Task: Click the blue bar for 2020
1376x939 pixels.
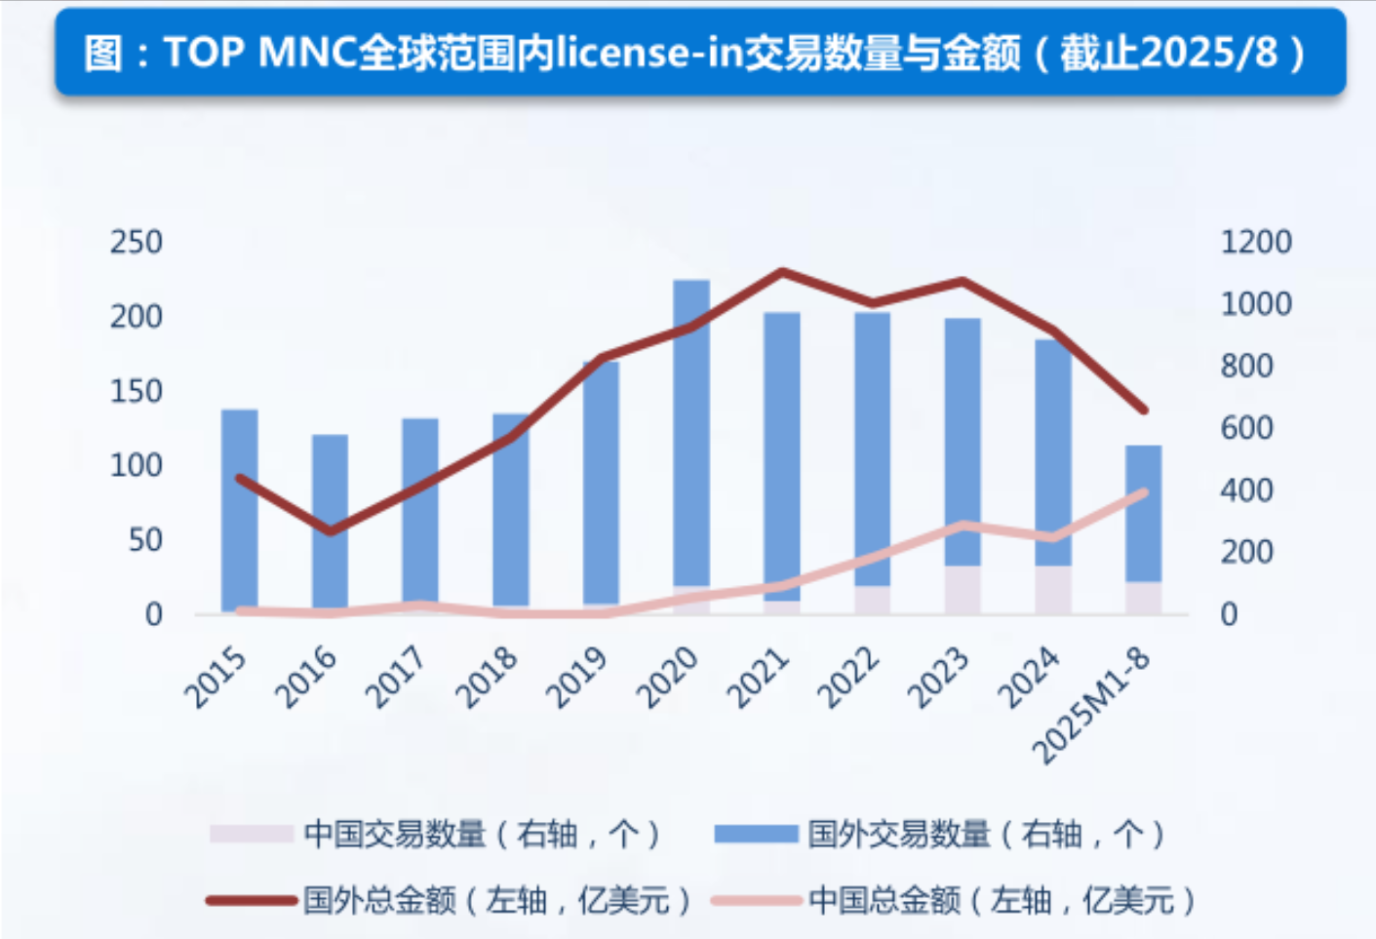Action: click(x=691, y=429)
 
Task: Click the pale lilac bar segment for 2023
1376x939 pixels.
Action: click(x=963, y=590)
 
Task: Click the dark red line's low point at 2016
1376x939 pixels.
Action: click(x=330, y=531)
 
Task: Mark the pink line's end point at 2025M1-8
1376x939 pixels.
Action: click(x=1143, y=492)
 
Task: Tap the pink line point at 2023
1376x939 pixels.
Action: click(x=963, y=526)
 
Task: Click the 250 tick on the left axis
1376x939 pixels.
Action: click(x=136, y=242)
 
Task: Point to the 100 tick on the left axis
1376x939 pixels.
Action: click(x=136, y=465)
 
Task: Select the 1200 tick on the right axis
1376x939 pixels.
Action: click(x=1255, y=242)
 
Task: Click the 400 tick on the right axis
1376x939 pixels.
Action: click(x=1245, y=489)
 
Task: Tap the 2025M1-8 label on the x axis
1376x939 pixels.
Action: click(x=1092, y=705)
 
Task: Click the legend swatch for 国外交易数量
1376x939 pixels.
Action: click(x=755, y=835)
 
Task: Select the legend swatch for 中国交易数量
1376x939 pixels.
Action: click(x=251, y=835)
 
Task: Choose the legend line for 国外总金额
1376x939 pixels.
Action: click(x=251, y=900)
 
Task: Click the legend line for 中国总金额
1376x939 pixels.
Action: click(x=755, y=900)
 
